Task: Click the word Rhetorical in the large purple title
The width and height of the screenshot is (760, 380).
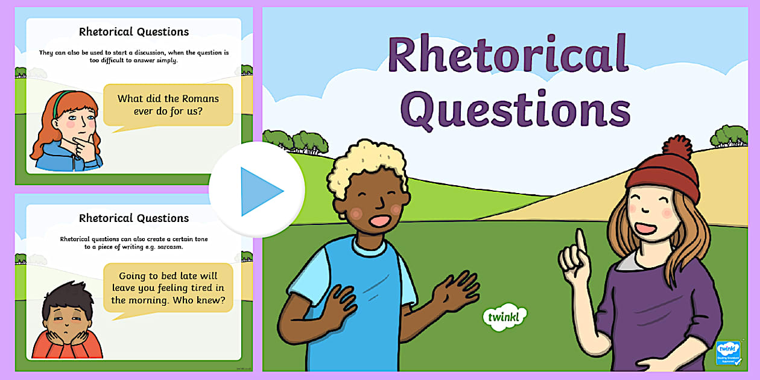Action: point(508,55)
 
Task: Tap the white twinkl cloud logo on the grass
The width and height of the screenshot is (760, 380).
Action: point(505,317)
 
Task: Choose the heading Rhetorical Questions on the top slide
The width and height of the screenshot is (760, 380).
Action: point(134,32)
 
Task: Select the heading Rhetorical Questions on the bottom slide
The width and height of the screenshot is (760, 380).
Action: point(134,218)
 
